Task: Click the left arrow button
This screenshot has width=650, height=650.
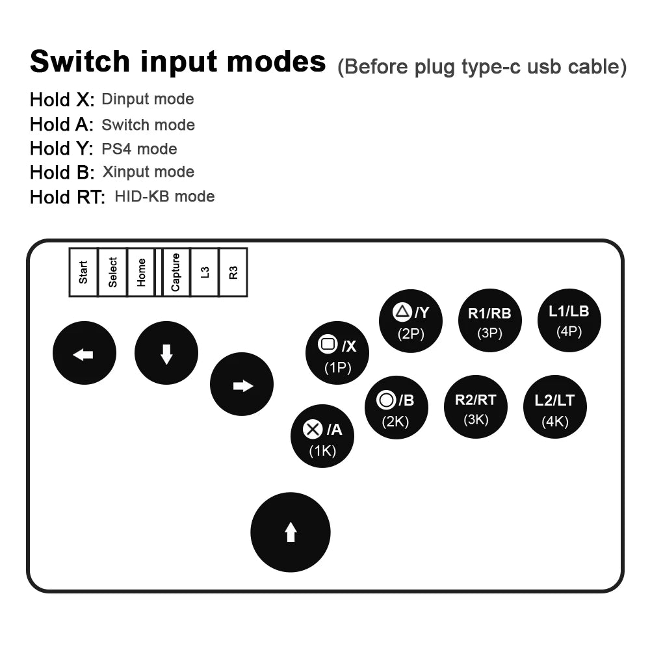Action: pos(84,353)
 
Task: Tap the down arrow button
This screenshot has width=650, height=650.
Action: pos(166,353)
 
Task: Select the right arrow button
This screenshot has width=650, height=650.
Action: pos(242,384)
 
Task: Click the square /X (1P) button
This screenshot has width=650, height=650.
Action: pos(337,353)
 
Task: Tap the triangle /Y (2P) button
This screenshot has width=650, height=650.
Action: pos(411,321)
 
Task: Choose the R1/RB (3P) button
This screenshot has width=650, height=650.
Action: pos(490,320)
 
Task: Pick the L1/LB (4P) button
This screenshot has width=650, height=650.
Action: pos(569,320)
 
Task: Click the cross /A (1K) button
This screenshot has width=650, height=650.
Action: pos(322,436)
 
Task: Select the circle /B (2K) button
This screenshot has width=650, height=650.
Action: pos(396,407)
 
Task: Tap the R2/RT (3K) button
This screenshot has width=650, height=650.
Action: pos(476,407)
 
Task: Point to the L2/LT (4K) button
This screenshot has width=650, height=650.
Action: pos(555,407)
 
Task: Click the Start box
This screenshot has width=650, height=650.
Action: pos(83,272)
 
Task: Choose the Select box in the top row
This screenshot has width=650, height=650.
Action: pos(112,272)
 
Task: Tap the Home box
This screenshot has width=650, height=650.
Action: pos(141,272)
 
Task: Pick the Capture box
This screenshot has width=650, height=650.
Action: pos(175,272)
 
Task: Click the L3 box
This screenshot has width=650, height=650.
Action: pos(204,272)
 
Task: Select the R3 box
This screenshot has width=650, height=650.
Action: pos(233,272)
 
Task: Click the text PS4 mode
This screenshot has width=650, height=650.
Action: pos(139,149)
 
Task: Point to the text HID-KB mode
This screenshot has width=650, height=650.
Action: pos(164,196)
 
